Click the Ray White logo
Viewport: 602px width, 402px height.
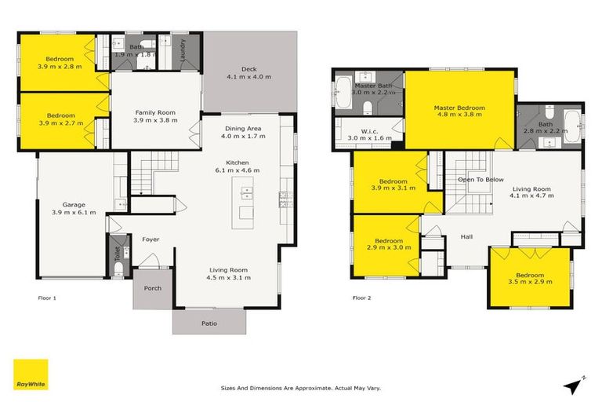(31, 375)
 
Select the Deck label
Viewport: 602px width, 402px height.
(248, 69)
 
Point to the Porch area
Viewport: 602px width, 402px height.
(153, 288)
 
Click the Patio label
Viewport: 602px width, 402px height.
(209, 323)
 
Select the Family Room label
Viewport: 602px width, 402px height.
(155, 112)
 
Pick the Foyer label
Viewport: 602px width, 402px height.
(150, 239)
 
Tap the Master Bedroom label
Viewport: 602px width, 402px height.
(460, 108)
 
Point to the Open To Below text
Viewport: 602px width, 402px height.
(481, 179)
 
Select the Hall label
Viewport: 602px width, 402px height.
(466, 236)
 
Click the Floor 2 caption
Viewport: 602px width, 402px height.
(361, 298)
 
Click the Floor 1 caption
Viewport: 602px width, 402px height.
(48, 298)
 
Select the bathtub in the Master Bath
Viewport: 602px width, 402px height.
(344, 93)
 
